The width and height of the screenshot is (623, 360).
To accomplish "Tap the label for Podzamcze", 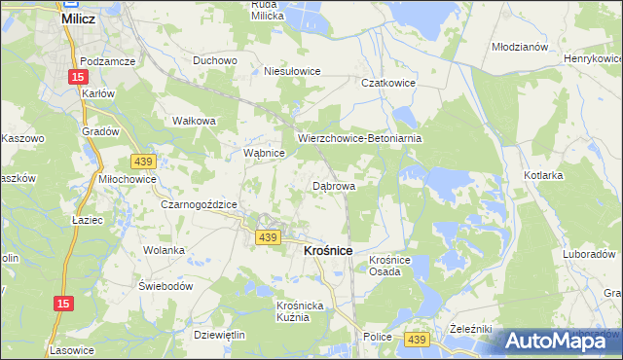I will pyautogui.click(x=107, y=60).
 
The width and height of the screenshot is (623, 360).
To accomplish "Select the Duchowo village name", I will pyautogui.click(x=215, y=60).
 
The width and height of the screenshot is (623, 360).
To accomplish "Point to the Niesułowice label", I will pyautogui.click(x=293, y=71).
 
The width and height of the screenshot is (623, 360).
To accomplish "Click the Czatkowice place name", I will pyautogui.click(x=389, y=84).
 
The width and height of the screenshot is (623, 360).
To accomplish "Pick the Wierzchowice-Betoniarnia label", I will pyautogui.click(x=359, y=138).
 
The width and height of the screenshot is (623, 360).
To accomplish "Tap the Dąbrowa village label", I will pyautogui.click(x=333, y=185).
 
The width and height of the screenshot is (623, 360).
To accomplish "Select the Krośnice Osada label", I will pyautogui.click(x=392, y=266).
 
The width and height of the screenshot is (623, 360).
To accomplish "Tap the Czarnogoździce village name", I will pyautogui.click(x=200, y=204).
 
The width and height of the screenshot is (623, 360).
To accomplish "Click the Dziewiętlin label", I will pyautogui.click(x=219, y=334).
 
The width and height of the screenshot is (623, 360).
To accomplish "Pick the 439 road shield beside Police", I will pyautogui.click(x=418, y=338).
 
